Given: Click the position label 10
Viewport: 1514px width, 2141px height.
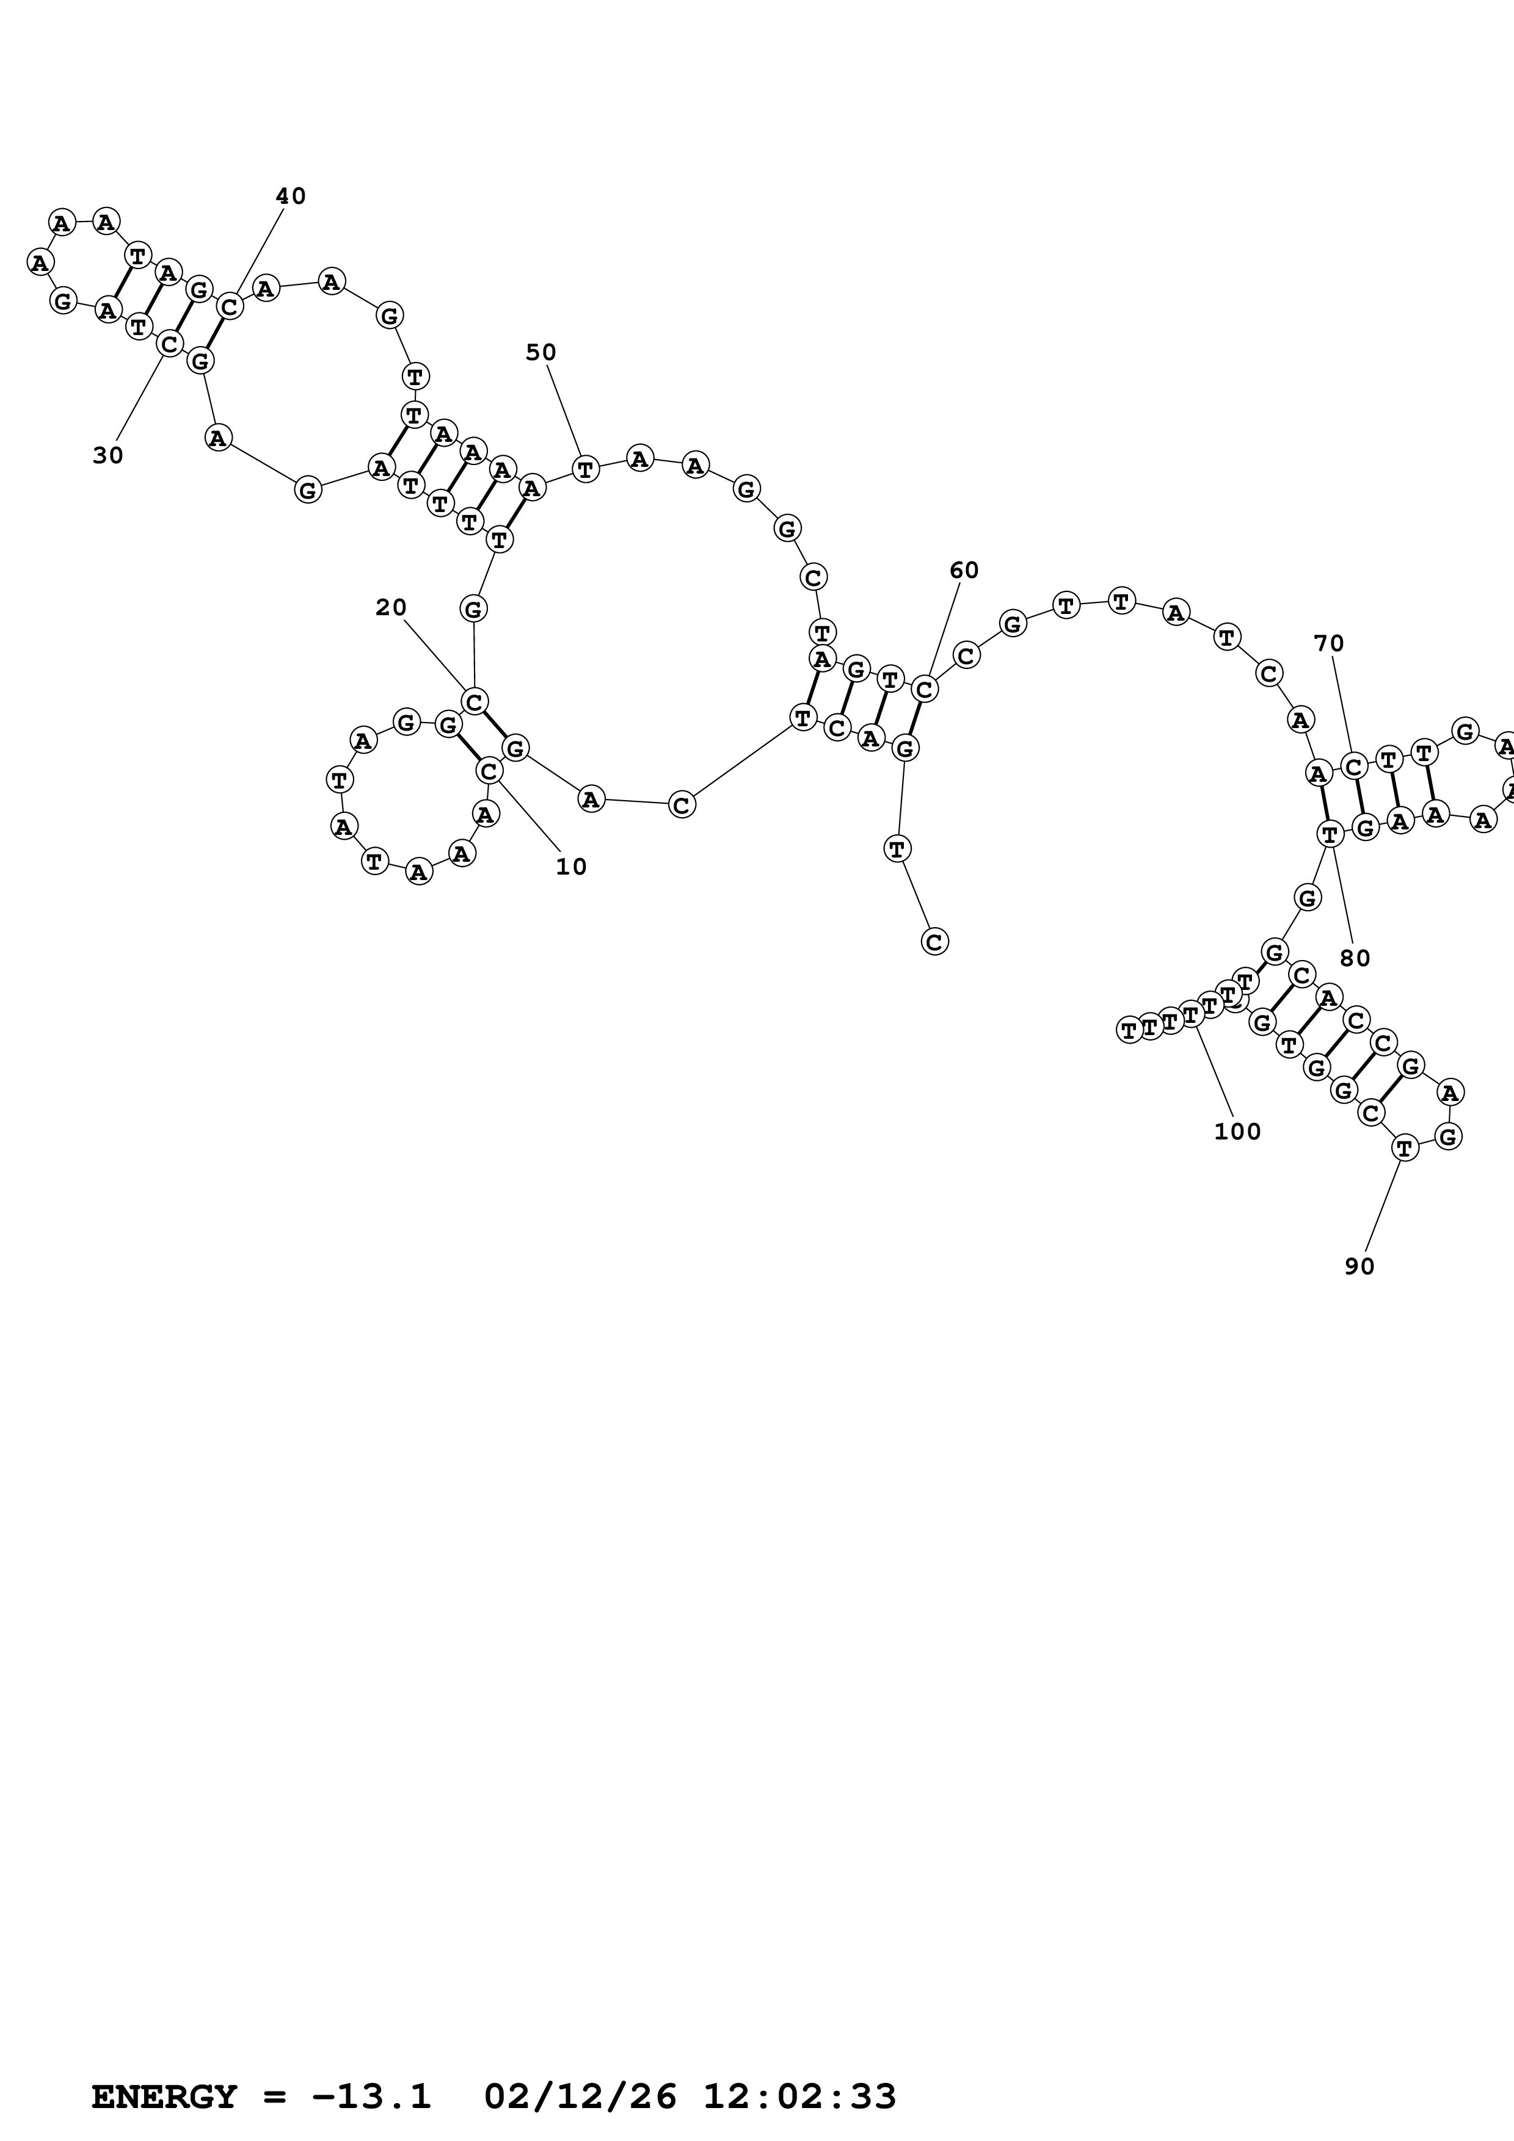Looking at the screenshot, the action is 571,867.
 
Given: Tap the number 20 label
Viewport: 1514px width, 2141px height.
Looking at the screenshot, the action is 391,608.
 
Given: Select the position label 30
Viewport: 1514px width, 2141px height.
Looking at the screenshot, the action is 107,456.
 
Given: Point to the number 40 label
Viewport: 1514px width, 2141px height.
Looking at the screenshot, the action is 290,197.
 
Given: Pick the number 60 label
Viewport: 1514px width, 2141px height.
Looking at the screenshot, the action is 964,571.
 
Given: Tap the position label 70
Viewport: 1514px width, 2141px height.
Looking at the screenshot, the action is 1328,643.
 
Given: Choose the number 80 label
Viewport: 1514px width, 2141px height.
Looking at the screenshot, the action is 1355,959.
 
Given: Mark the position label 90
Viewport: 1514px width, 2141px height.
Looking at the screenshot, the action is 1359,1266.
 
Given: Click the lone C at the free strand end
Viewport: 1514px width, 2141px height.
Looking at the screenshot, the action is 934,942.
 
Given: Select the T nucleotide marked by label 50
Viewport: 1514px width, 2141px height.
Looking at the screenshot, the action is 585,469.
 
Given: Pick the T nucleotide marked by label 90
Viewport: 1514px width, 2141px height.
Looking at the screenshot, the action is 1405,1148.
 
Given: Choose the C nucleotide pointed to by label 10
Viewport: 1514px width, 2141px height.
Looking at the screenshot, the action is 489,771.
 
